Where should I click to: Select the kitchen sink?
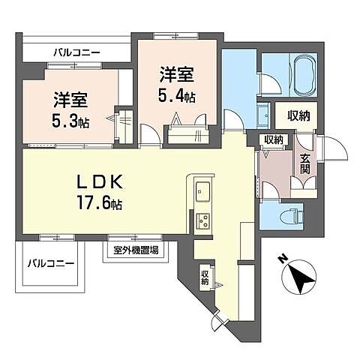203,190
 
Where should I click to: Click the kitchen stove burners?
203,220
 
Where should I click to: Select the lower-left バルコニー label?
51,264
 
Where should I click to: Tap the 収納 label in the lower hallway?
205,278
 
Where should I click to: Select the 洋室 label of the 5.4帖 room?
178,74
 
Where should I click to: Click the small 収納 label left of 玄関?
273,140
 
